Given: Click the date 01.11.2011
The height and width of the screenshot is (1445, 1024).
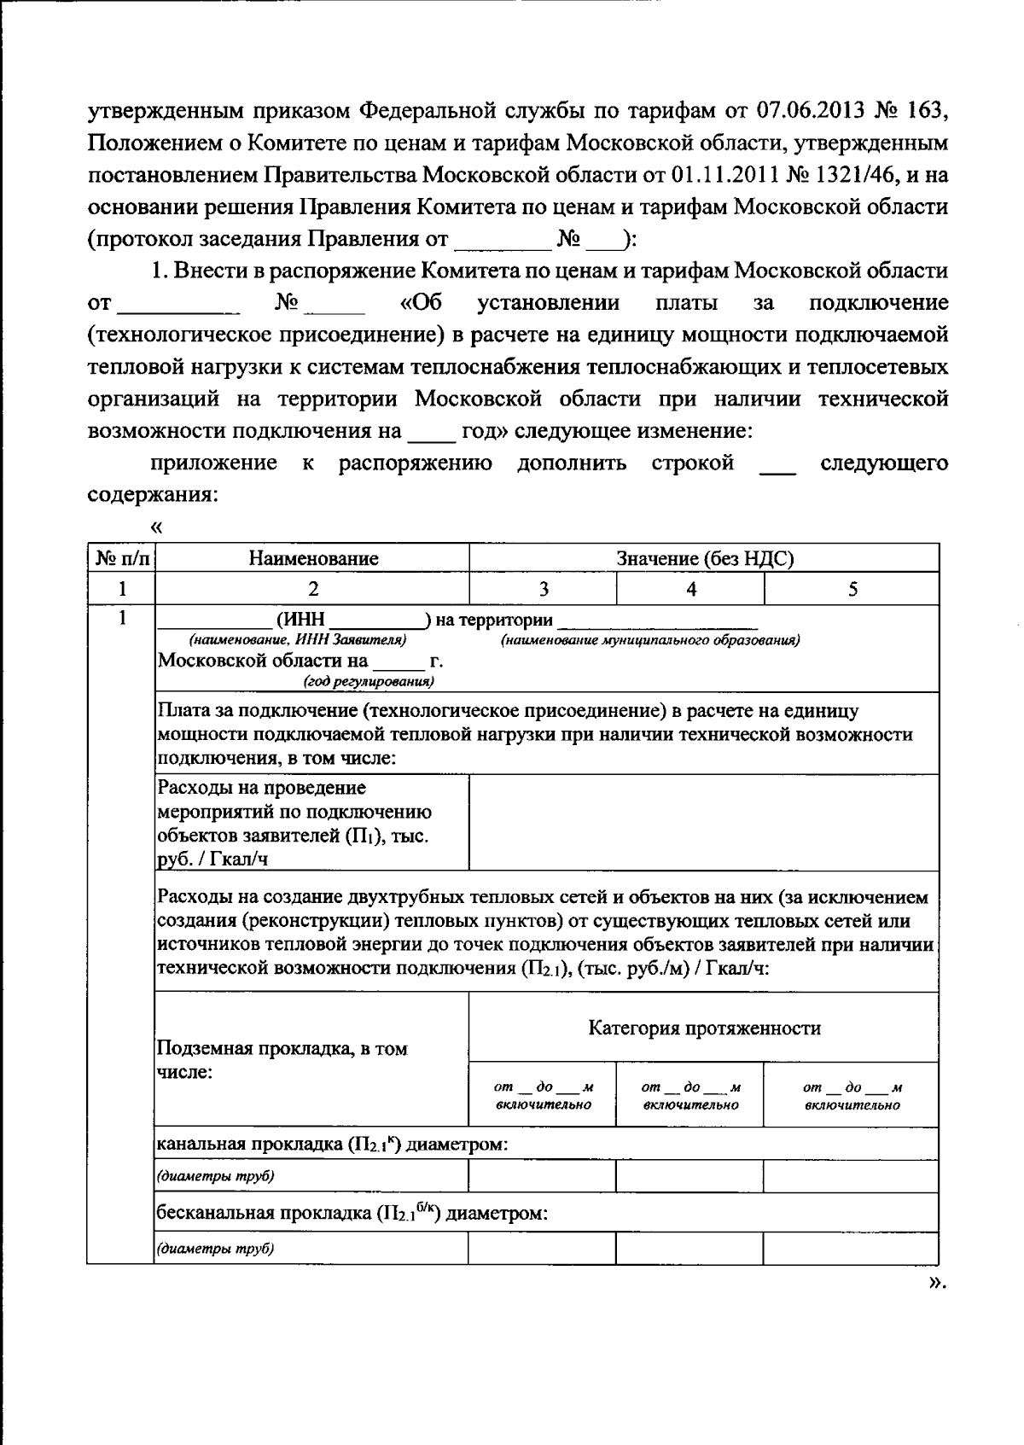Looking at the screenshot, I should click(x=719, y=175).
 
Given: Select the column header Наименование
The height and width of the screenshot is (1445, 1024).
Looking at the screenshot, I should click(x=313, y=559).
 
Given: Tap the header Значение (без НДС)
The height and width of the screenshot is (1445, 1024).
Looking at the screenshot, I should click(x=705, y=559).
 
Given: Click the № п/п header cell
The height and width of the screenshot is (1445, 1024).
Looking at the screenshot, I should click(x=121, y=559).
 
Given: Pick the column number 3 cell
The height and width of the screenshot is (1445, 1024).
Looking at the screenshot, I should click(x=543, y=589).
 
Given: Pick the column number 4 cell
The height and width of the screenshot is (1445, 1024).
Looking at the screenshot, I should click(x=690, y=589).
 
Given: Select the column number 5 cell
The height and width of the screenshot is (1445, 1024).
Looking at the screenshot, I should click(x=852, y=589).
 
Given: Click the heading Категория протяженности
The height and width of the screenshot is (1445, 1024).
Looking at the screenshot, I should click(x=705, y=1028).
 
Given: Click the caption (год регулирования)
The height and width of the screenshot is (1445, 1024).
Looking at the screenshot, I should click(x=369, y=681).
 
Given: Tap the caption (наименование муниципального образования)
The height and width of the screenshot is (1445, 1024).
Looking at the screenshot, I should click(x=650, y=639).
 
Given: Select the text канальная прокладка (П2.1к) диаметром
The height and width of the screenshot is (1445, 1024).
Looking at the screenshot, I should click(x=333, y=1144).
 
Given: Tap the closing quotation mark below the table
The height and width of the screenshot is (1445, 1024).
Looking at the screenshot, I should click(x=937, y=1282).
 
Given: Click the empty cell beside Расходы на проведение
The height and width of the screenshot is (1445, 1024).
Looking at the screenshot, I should click(x=705, y=823).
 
